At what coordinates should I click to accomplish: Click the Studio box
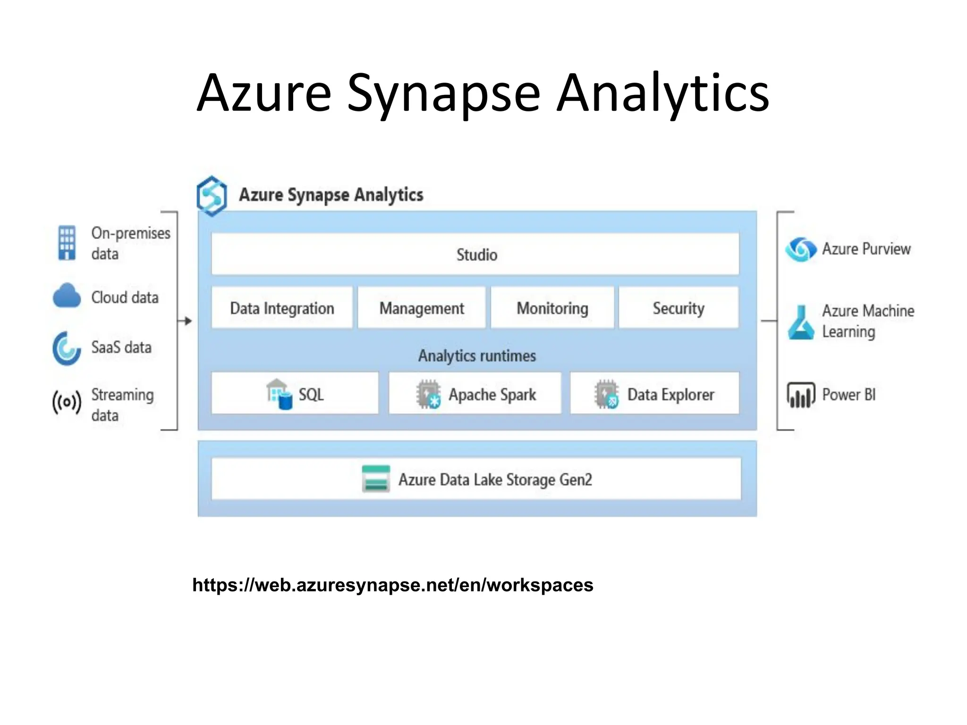[x=475, y=254]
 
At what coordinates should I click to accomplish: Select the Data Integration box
[x=282, y=308]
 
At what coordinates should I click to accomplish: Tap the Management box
[x=421, y=308]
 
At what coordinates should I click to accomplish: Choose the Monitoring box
[x=552, y=308]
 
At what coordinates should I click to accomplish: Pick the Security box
[x=679, y=308]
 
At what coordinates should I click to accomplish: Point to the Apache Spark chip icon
[x=428, y=394]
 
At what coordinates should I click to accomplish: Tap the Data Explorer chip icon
[x=606, y=394]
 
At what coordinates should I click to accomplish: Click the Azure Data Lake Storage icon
[x=376, y=479]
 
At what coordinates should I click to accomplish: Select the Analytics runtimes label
[x=477, y=355]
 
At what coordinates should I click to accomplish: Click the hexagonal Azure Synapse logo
[x=212, y=195]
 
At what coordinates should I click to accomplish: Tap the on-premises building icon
[x=67, y=243]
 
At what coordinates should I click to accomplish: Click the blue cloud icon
[x=67, y=296]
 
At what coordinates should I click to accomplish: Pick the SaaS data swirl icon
[x=67, y=348]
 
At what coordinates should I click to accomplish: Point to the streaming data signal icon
[x=67, y=403]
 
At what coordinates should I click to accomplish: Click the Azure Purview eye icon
[x=801, y=249]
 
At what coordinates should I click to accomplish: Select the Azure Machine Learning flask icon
[x=801, y=322]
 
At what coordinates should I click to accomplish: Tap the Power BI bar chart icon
[x=801, y=395]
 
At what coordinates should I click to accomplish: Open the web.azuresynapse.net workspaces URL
[x=392, y=585]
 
